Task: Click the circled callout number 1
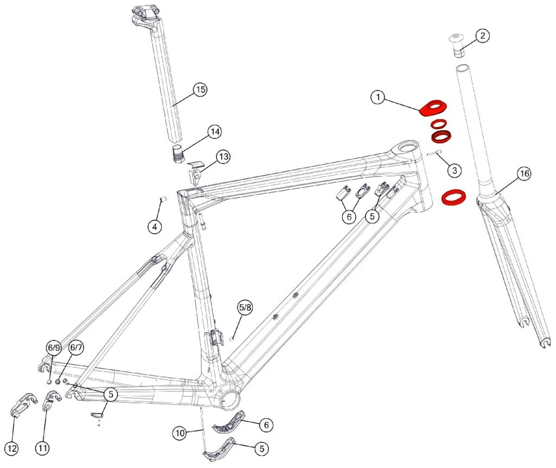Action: pos(378,97)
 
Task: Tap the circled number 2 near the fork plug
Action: pos(482,36)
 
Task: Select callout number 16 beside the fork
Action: pos(524,174)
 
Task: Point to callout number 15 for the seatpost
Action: pos(200,90)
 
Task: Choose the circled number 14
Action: pos(215,132)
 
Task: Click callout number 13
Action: pos(223,157)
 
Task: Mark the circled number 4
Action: pos(154,226)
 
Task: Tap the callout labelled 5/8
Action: pos(245,307)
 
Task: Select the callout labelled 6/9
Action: pos(53,348)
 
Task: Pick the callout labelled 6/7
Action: pos(76,347)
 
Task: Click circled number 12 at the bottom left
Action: pos(12,449)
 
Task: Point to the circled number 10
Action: pos(180,433)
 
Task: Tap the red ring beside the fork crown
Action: pos(453,197)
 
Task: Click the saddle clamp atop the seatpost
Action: pos(145,16)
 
